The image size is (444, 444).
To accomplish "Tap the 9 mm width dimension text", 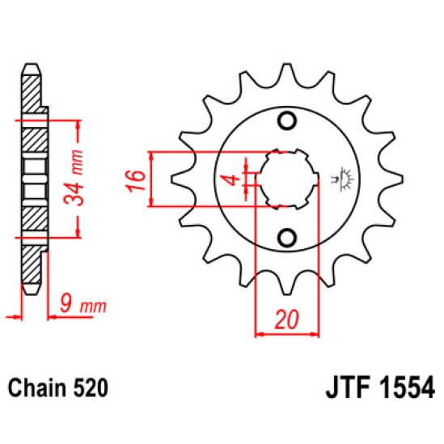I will pyautogui.click(x=83, y=305).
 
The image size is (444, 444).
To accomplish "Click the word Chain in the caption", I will pyautogui.click(x=36, y=387).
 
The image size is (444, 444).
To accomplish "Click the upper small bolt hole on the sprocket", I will pyautogui.click(x=285, y=122).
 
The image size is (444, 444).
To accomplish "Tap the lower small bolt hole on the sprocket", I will pyautogui.click(x=285, y=237).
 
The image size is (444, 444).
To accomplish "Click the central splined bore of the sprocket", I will pyautogui.click(x=285, y=180).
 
